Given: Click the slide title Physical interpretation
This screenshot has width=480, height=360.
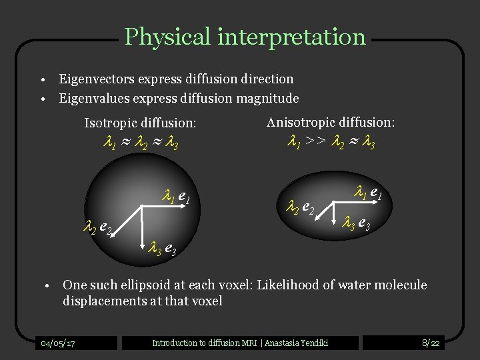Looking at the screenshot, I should coord(245,37).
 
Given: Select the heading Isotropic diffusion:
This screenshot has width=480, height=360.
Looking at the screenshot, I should coord(140,123).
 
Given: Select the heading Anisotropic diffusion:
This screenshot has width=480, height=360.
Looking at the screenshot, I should coord(331,123).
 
